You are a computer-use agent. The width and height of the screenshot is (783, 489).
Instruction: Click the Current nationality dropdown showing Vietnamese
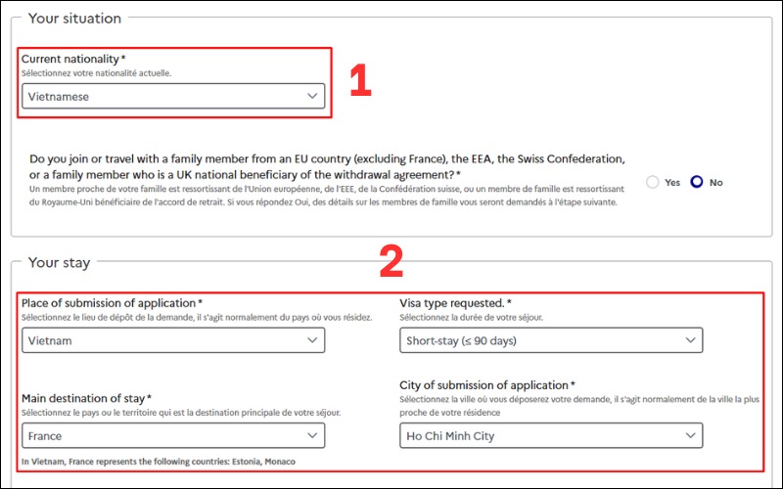173,96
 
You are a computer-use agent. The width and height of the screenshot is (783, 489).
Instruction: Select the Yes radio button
654,182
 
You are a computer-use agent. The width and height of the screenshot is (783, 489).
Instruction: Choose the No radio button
697,182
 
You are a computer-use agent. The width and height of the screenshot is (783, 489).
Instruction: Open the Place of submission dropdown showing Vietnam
173,340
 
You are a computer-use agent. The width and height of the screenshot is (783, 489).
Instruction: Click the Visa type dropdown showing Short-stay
551,340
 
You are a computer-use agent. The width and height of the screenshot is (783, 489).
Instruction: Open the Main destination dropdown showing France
173,435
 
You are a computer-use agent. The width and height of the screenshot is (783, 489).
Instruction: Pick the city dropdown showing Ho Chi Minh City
551,435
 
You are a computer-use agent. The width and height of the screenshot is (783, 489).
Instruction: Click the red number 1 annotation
360,81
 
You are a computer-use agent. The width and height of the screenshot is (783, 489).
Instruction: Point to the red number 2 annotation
391,260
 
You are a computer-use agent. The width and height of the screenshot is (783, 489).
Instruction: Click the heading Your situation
74,19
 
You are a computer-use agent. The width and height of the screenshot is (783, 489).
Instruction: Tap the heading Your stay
59,262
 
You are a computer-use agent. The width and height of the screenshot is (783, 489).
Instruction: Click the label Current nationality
73,60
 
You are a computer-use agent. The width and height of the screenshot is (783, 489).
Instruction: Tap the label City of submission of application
486,385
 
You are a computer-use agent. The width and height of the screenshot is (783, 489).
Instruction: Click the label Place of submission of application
112,304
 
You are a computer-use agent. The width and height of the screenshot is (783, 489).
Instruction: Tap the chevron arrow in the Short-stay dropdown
691,340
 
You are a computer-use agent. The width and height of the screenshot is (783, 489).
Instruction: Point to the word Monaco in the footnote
277,462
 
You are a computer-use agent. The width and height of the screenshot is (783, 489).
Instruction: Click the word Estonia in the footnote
232,462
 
